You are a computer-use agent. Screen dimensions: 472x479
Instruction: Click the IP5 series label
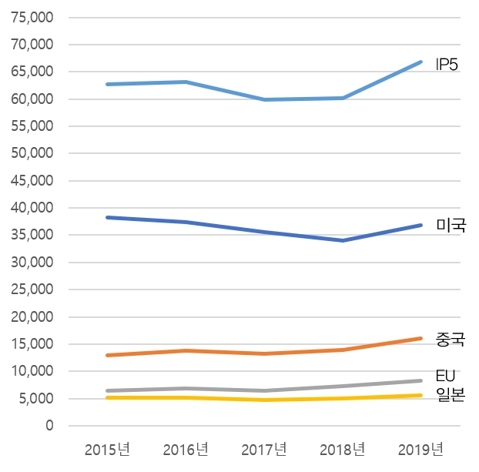click(447, 65)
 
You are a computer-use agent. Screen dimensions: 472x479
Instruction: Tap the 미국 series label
click(451, 226)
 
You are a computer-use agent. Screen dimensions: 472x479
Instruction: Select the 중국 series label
click(451, 339)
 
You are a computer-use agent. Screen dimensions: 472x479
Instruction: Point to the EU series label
click(446, 376)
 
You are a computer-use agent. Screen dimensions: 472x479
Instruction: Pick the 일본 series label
click(451, 395)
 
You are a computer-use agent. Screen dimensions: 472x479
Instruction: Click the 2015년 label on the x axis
click(108, 449)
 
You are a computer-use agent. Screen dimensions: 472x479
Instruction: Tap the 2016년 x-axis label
click(186, 449)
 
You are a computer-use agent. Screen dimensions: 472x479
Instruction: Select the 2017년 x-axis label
click(264, 449)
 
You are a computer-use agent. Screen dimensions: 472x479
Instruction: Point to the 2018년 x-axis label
click(343, 449)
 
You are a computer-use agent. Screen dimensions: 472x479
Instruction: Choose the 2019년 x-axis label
click(420, 449)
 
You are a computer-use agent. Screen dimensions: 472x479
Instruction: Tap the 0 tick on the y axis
click(50, 426)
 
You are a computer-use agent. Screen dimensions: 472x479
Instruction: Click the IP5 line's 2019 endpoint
click(420, 62)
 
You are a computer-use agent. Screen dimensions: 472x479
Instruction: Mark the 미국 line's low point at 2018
click(343, 240)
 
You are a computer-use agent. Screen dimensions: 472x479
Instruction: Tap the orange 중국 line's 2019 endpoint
click(420, 338)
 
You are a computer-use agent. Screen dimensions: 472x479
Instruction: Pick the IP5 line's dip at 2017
click(264, 99)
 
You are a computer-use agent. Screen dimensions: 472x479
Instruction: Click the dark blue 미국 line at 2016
click(186, 222)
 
